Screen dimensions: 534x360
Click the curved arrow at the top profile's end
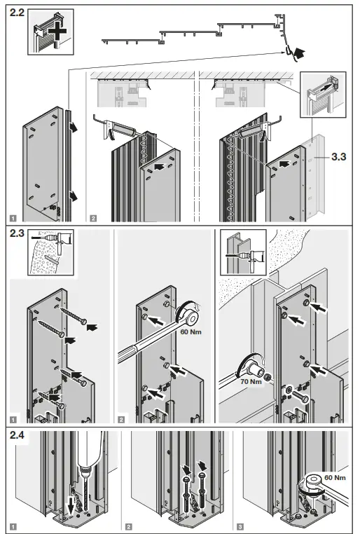(299, 50)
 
